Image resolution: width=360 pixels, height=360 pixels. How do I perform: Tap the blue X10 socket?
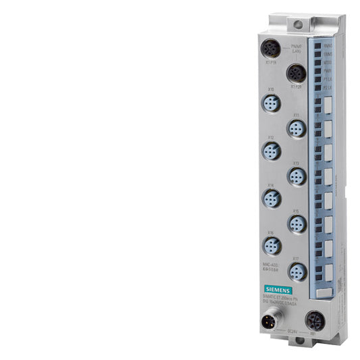pyautogui.click(x=272, y=103)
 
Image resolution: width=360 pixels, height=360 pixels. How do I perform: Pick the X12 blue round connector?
pyautogui.click(x=272, y=151)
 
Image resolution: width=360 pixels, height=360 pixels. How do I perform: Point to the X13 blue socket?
pyautogui.click(x=296, y=176)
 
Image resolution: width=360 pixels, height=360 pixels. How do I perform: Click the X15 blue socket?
pyautogui.click(x=296, y=223)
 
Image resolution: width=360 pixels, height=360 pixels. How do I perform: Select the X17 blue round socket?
pyautogui.click(x=296, y=271)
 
